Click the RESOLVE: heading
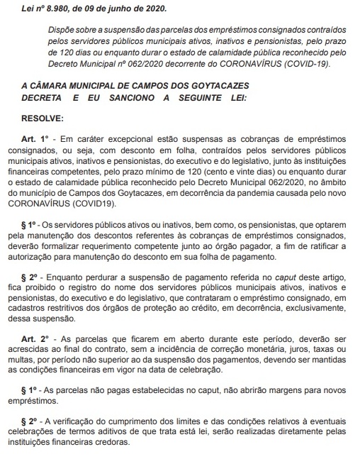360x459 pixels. tap(41, 118)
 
